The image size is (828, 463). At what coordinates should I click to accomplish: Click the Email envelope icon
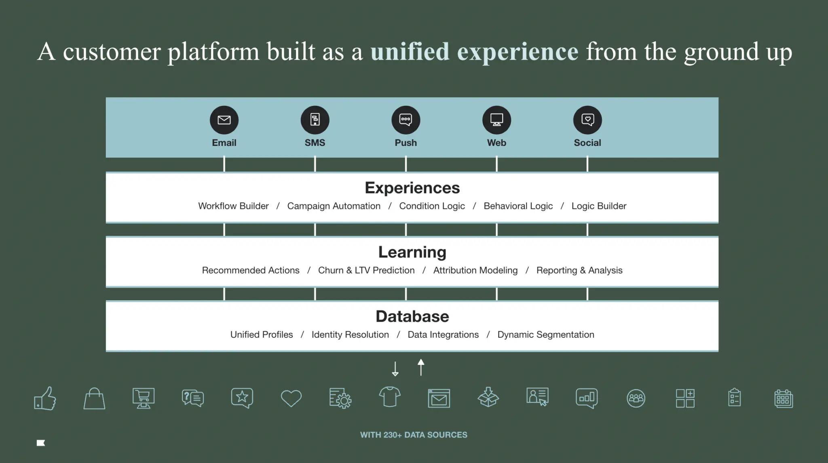[224, 120]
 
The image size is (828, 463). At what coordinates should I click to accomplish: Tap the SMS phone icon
[315, 120]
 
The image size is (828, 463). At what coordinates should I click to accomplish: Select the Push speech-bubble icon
[406, 120]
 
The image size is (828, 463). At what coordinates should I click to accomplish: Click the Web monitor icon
[496, 120]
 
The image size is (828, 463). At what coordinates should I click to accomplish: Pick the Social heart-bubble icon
[587, 120]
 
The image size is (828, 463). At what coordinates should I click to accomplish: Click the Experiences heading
[412, 188]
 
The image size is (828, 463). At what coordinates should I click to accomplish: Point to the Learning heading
[412, 252]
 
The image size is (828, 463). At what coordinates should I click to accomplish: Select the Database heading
[412, 316]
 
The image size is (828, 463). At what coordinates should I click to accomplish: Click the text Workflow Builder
[233, 206]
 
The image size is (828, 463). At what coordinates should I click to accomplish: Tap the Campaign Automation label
[334, 206]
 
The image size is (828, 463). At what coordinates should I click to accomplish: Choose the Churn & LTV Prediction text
[366, 270]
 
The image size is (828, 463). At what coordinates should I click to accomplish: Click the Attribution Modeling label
[475, 270]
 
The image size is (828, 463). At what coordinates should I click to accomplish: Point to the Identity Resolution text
[350, 335]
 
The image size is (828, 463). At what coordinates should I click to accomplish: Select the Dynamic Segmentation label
[545, 335]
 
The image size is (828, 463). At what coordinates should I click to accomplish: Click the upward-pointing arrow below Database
[421, 367]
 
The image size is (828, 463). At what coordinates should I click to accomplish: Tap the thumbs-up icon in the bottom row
[45, 398]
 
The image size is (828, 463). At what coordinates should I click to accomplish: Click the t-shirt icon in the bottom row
[390, 397]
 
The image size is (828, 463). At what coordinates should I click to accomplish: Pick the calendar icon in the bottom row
[784, 399]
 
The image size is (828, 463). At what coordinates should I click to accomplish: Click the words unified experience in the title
[474, 52]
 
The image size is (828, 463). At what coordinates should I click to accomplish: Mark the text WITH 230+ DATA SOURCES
[414, 435]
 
